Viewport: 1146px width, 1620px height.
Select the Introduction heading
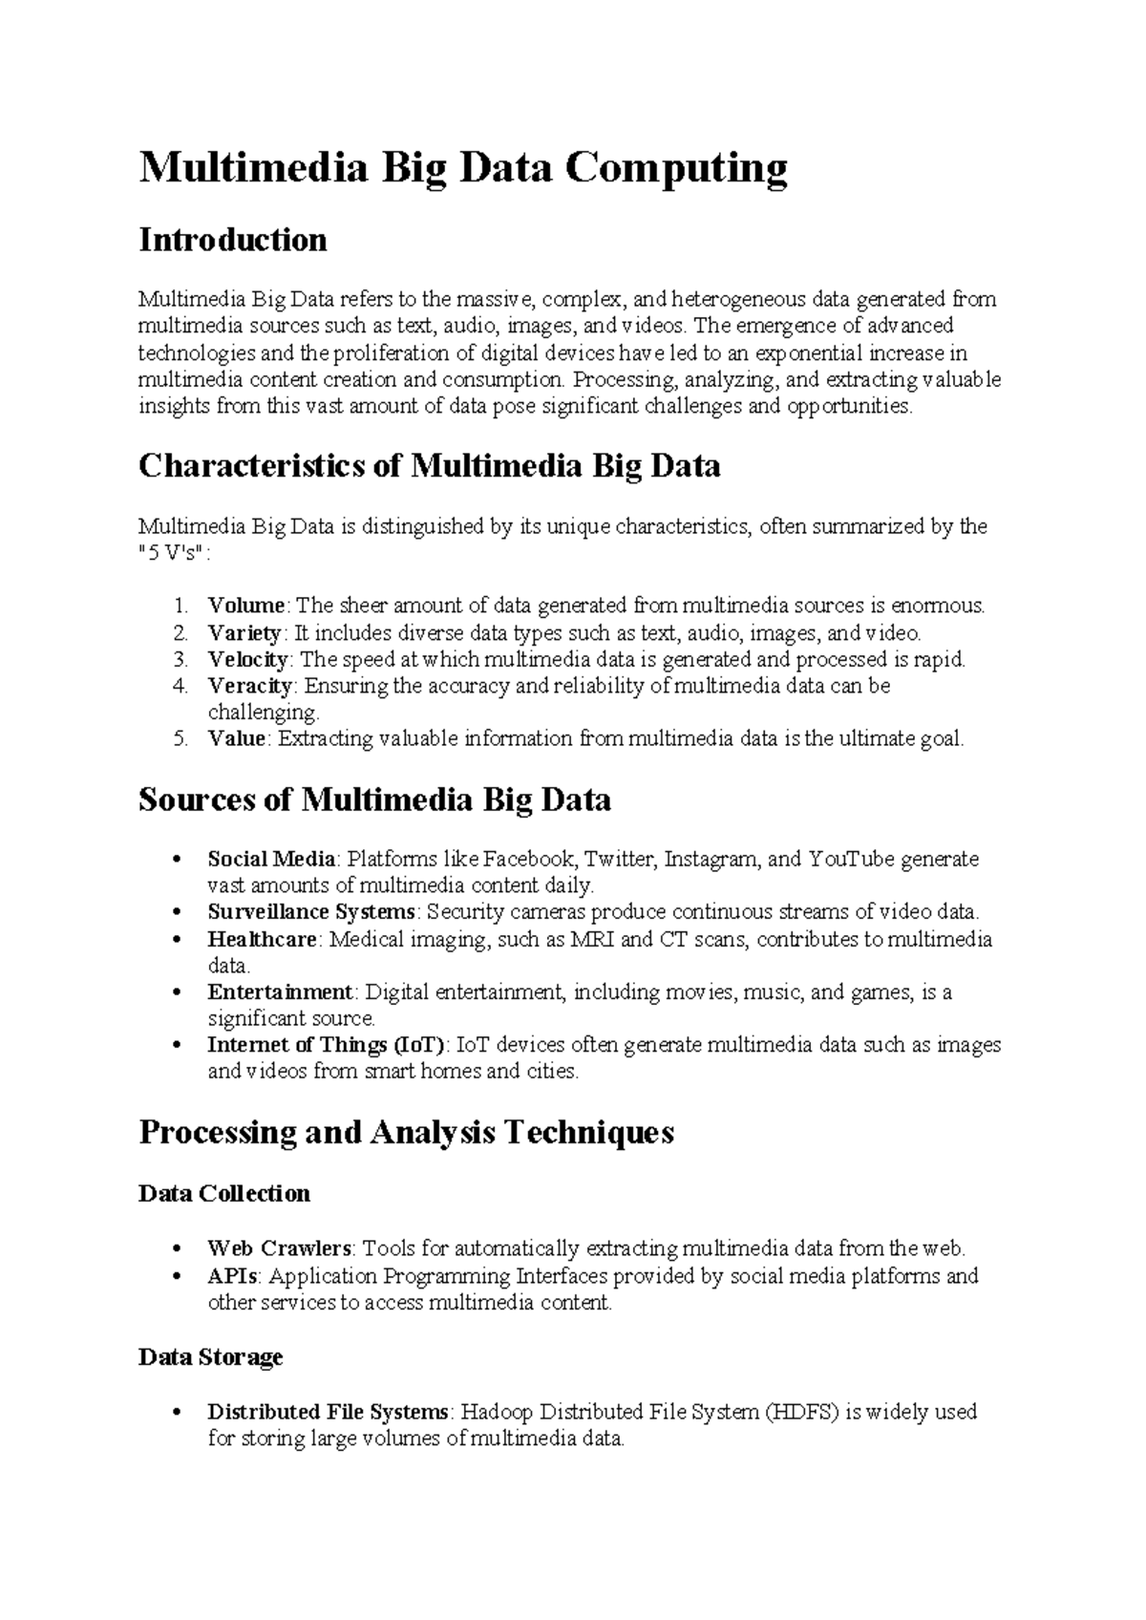click(232, 240)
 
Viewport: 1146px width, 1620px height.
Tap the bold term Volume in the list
click(245, 606)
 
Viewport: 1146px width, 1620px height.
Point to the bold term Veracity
click(249, 686)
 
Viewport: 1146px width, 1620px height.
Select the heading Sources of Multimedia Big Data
click(374, 799)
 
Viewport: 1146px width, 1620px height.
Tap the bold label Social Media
click(271, 859)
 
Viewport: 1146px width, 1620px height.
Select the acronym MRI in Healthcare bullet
click(592, 939)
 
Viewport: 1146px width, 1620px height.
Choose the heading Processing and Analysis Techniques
click(406, 1133)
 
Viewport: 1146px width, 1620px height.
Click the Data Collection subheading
click(224, 1194)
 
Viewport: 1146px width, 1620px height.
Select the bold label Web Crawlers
click(280, 1248)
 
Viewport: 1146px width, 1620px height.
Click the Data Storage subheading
click(210, 1357)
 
